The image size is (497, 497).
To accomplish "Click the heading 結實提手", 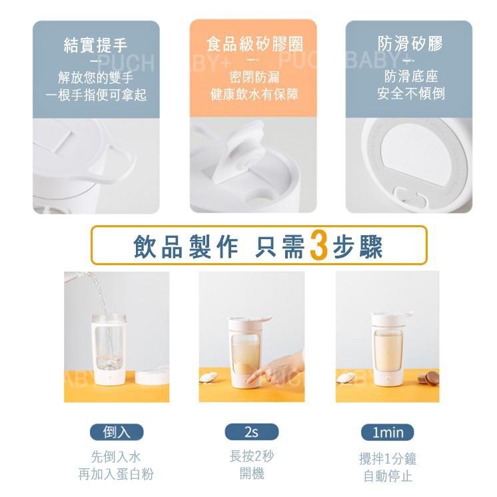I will [95, 45].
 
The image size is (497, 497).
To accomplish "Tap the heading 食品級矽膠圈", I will [254, 45].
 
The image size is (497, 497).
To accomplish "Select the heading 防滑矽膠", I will [410, 45].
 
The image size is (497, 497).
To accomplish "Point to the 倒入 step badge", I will [117, 432].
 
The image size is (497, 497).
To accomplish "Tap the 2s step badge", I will [251, 432].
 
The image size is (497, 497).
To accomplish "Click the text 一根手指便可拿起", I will [95, 95].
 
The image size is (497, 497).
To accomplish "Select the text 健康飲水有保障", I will [254, 95].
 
